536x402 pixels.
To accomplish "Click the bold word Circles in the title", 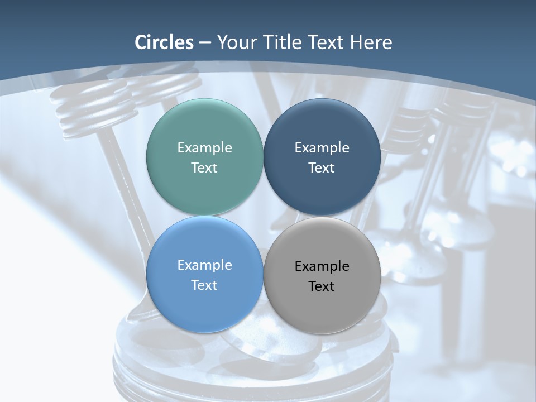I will point(164,42).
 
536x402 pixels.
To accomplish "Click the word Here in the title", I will point(371,42).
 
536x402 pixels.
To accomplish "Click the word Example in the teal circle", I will point(204,148).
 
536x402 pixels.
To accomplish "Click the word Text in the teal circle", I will point(204,168).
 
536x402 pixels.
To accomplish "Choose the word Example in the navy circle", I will point(322,148).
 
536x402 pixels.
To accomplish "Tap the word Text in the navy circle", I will point(322,168).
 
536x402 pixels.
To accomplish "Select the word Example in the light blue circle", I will point(204,265).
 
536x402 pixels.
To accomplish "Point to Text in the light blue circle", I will point(204,285).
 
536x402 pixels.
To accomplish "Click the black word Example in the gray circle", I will point(322,266).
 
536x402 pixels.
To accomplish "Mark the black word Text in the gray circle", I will point(322,286).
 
